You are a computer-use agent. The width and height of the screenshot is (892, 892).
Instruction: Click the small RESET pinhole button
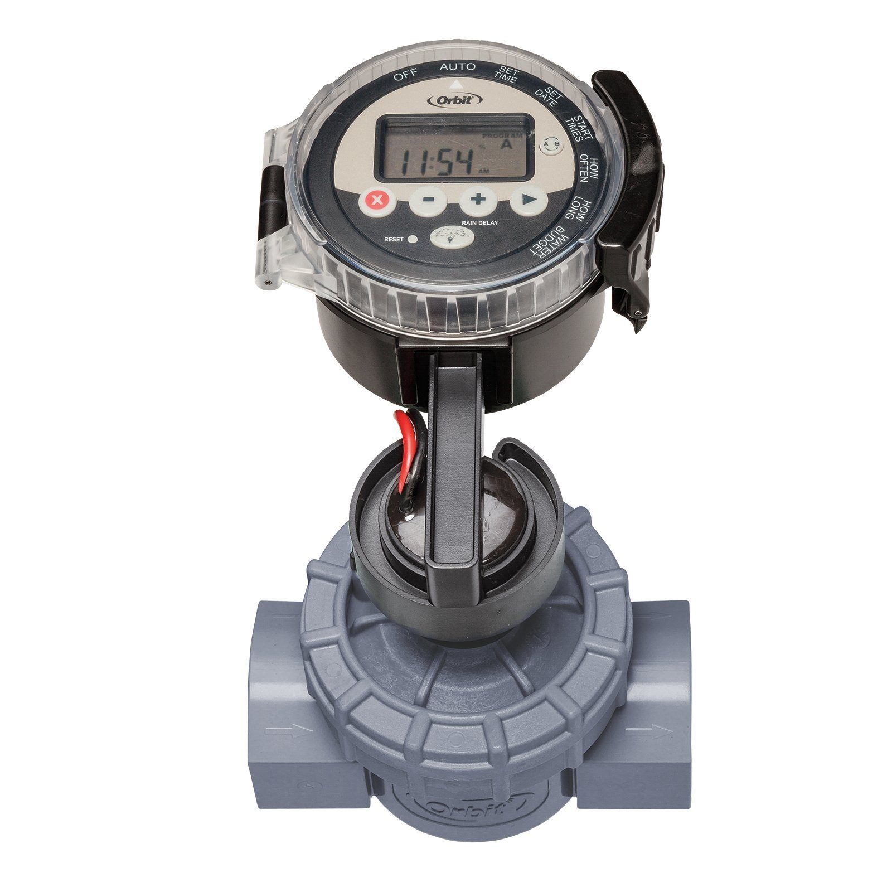coord(413,240)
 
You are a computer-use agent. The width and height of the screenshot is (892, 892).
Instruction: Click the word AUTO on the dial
coord(458,67)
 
